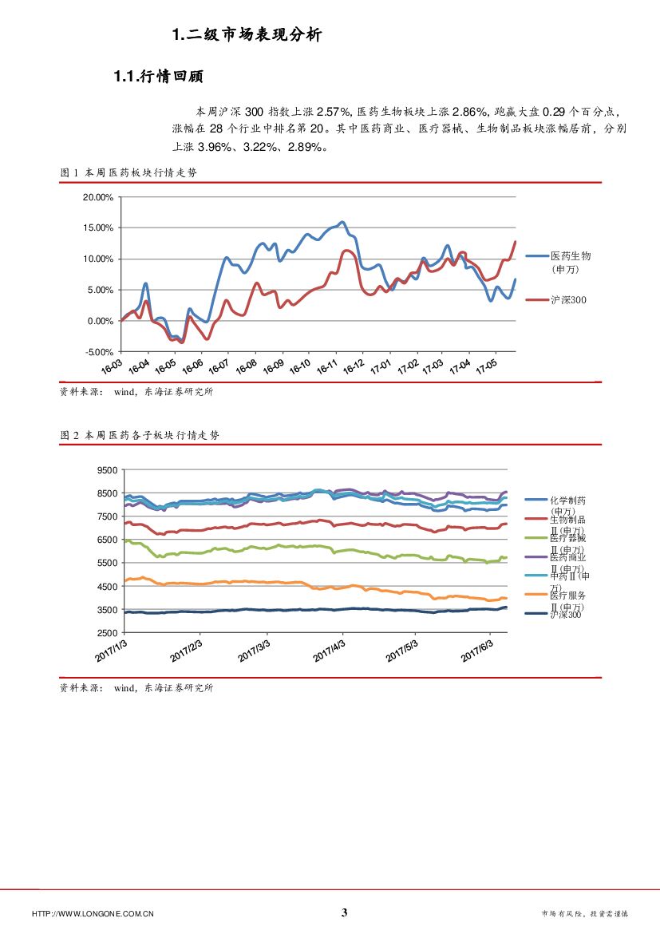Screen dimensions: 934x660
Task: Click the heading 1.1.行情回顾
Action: pyautogui.click(x=159, y=77)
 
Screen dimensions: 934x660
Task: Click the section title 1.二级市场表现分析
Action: pyautogui.click(x=247, y=34)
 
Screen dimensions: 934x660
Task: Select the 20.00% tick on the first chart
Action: pyautogui.click(x=97, y=196)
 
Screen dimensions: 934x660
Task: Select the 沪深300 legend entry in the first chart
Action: pyautogui.click(x=569, y=299)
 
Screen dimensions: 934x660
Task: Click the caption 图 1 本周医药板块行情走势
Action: pyautogui.click(x=128, y=172)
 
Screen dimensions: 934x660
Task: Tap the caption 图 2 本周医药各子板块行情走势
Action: pyautogui.click(x=139, y=435)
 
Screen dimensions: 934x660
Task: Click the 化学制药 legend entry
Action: pyautogui.click(x=567, y=501)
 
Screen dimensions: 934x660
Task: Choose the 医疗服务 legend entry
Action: pyautogui.click(x=567, y=596)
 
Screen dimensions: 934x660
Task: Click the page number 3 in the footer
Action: pyautogui.click(x=345, y=912)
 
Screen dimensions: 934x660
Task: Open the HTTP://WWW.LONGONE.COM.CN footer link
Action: pyautogui.click(x=93, y=913)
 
